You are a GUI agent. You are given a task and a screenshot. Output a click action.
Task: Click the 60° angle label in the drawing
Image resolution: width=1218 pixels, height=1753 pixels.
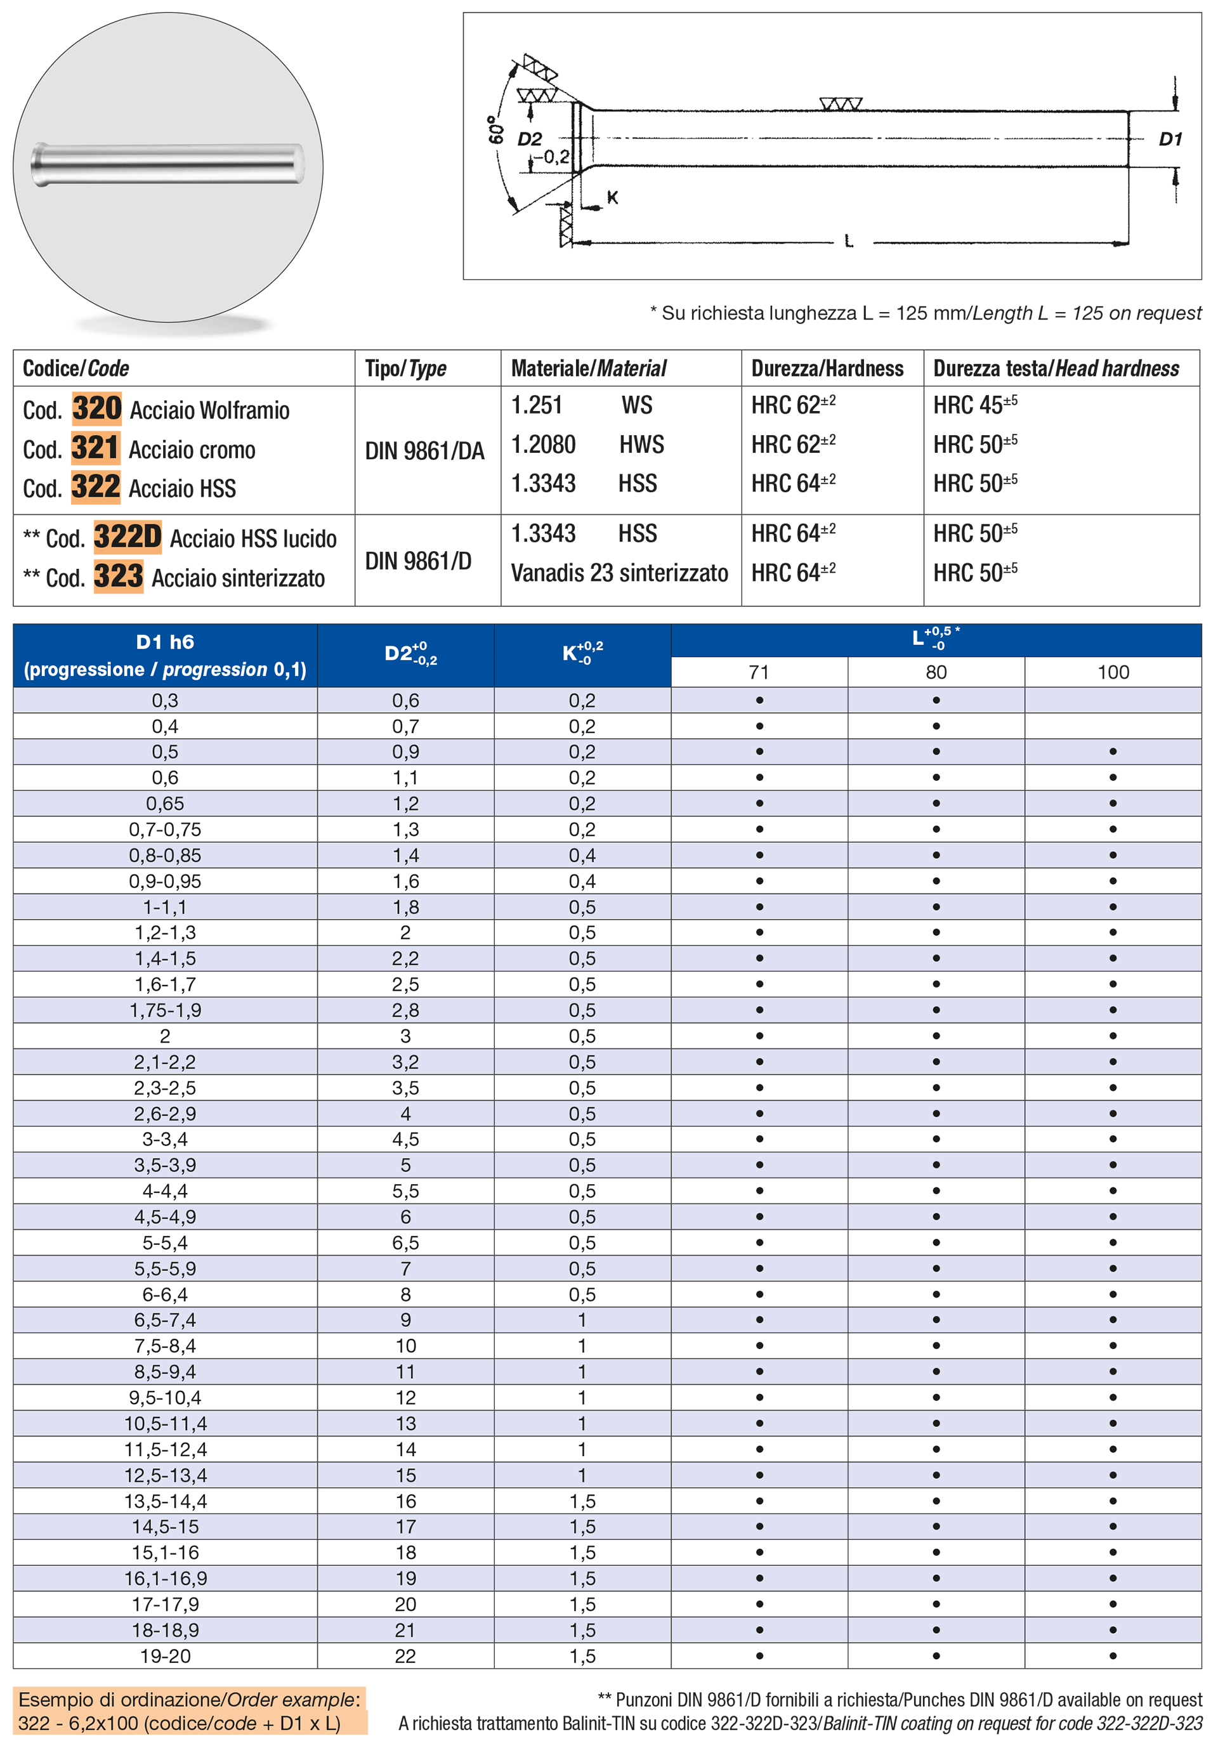tap(496, 129)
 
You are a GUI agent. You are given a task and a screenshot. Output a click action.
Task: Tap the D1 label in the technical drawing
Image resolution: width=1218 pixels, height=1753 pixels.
tap(1170, 139)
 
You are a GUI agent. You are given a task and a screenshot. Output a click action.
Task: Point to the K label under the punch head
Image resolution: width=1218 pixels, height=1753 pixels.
tap(612, 198)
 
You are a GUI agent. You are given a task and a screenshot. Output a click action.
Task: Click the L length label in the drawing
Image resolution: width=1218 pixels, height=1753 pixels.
tap(849, 242)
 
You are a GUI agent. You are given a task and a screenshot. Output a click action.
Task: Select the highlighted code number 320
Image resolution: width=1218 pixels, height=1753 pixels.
tap(96, 408)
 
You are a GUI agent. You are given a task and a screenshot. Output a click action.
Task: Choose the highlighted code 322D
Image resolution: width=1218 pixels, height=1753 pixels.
tap(128, 537)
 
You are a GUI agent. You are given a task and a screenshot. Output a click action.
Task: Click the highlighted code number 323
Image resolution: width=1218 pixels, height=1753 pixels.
tap(118, 576)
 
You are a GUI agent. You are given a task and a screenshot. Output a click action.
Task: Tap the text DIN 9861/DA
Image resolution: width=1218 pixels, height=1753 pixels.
tap(424, 451)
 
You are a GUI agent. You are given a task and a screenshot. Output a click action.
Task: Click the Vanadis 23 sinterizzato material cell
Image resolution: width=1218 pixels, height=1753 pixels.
tap(619, 573)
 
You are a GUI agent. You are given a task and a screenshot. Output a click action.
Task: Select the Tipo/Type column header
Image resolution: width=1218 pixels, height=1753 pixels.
tap(405, 368)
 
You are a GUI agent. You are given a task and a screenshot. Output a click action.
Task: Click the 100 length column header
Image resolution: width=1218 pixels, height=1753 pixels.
tap(1113, 672)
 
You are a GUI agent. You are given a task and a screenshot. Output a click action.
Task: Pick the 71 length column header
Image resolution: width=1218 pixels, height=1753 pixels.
tap(759, 672)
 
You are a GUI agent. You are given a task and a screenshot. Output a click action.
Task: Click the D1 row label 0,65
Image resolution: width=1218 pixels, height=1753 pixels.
tap(165, 804)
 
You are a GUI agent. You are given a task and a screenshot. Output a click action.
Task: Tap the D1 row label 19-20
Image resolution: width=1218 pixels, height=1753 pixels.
tap(165, 1656)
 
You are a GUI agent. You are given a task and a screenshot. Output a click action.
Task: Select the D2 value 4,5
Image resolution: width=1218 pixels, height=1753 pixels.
tap(405, 1139)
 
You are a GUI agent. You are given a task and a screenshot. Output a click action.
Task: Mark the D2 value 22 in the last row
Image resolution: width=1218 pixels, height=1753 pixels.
tap(405, 1656)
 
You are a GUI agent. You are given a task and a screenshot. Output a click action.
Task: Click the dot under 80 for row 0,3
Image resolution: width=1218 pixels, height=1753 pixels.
tap(936, 700)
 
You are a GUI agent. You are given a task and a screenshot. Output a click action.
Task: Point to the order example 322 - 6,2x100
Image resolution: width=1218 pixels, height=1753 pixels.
tap(180, 1723)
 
